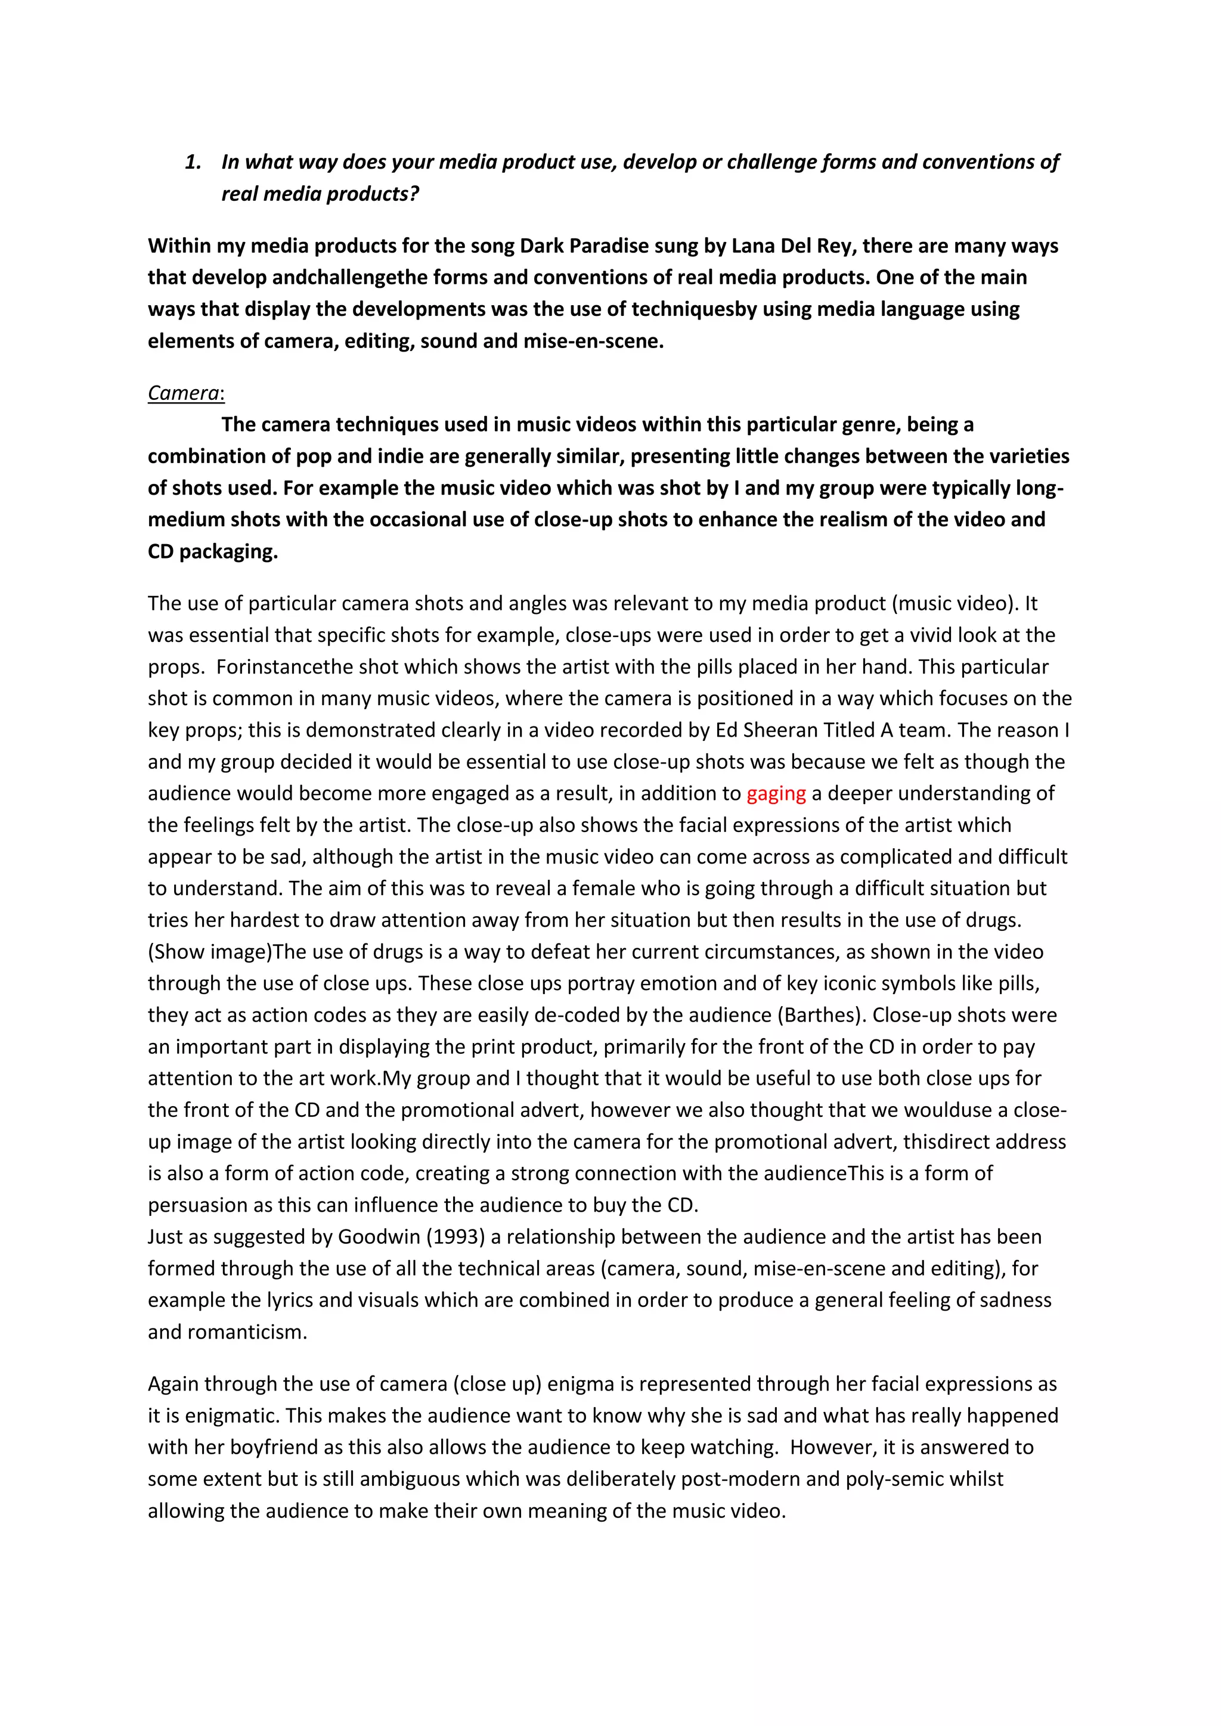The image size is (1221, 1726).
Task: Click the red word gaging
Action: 775,794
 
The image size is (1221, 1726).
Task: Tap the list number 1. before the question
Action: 193,162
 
